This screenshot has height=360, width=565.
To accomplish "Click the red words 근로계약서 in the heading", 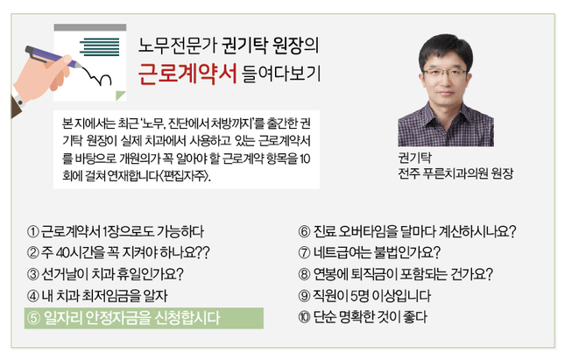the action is click(187, 74).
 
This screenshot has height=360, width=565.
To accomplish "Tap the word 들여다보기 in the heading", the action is click(281, 74).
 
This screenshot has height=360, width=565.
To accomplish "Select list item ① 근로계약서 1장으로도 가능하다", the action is click(116, 231).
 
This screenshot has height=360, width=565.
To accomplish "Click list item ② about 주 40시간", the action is click(118, 252).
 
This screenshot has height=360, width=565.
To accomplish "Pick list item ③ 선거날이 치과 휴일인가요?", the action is click(105, 274).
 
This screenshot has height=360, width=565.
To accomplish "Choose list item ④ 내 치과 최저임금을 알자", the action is click(97, 296).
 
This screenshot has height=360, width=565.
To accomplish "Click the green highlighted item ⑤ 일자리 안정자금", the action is click(144, 318).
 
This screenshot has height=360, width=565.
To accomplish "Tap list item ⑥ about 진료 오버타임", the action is click(407, 231).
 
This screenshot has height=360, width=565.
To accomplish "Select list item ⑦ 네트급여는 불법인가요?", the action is click(370, 252).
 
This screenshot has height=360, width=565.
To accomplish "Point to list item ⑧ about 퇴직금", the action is click(395, 274).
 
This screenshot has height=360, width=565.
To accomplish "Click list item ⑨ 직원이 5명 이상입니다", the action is click(364, 296).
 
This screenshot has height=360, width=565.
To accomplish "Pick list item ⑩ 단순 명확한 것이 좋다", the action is click(363, 317).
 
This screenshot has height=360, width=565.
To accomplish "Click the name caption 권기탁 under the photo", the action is click(414, 158).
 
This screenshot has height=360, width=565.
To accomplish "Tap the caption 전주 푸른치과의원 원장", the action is click(456, 173).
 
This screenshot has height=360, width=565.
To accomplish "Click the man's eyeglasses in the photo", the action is click(445, 74).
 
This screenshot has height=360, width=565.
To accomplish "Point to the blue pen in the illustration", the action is click(53, 57).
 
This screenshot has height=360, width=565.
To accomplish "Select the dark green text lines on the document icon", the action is click(100, 46).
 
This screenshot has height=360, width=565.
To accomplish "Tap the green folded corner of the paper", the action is click(120, 95).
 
